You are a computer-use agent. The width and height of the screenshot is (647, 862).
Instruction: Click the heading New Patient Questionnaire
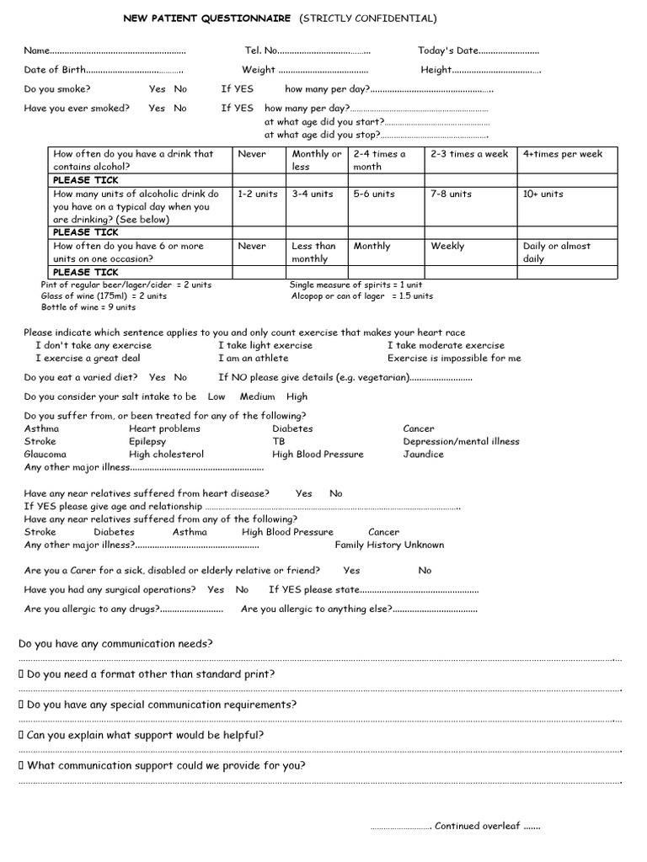pyautogui.click(x=207, y=18)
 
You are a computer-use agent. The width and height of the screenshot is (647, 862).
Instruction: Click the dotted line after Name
pyautogui.click(x=118, y=51)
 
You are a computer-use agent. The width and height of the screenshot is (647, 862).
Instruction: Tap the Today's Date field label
pyautogui.click(x=447, y=51)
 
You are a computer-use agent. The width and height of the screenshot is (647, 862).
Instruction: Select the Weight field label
pyautogui.click(x=259, y=70)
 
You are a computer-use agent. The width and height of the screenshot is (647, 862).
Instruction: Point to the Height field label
pyautogui.click(x=436, y=70)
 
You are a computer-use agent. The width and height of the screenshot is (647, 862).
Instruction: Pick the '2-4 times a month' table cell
pyautogui.click(x=379, y=160)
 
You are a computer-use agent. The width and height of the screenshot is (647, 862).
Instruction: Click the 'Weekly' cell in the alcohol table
pyautogui.click(x=447, y=246)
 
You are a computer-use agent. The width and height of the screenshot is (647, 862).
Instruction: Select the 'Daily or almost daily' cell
pyautogui.click(x=557, y=253)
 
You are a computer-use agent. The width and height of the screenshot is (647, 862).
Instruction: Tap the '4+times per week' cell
pyautogui.click(x=562, y=154)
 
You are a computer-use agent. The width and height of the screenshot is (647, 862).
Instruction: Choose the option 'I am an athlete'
pyautogui.click(x=253, y=358)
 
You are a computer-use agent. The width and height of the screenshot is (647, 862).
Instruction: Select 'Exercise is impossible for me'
pyautogui.click(x=454, y=358)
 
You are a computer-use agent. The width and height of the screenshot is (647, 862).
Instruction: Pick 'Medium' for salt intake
pyautogui.click(x=257, y=396)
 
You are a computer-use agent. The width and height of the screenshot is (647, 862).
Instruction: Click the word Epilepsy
pyautogui.click(x=147, y=441)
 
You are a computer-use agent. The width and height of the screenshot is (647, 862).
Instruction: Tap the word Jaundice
pyautogui.click(x=423, y=454)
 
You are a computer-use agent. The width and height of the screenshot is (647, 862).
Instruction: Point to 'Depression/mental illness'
pyautogui.click(x=461, y=441)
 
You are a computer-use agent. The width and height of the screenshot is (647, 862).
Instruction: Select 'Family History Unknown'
pyautogui.click(x=389, y=545)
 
